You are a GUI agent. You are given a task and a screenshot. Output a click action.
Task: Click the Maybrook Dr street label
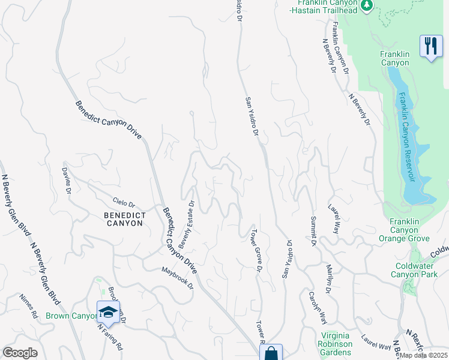click(177, 278)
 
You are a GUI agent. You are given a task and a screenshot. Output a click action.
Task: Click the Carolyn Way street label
click(317, 307)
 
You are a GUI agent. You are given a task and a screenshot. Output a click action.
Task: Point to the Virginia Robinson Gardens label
click(336, 344)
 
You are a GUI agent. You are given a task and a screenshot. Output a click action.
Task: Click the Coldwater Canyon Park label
click(415, 270)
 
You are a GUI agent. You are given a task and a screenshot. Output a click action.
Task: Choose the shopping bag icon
click(271, 353)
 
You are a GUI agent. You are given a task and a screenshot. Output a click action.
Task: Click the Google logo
click(20, 353)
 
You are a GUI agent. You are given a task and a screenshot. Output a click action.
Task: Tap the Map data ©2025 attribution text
click(423, 355)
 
